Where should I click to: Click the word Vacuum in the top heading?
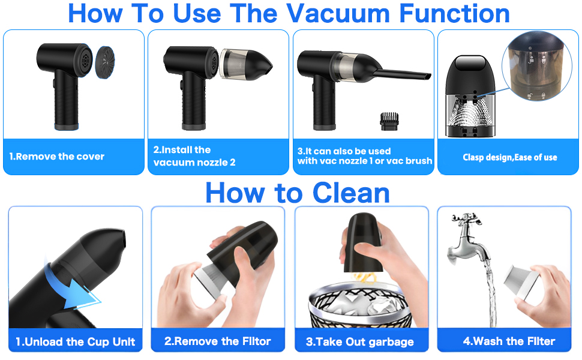point(338,14)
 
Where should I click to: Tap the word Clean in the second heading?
point(351,193)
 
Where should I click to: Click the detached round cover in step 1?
point(105,62)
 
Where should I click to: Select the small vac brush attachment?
point(389,121)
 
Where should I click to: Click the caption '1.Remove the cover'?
point(57,157)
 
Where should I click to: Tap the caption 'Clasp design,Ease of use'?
point(509,157)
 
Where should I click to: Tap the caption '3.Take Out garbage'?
point(359,342)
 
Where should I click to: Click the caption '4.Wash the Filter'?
point(509,341)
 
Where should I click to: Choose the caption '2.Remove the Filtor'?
point(218,341)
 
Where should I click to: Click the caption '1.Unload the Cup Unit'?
point(76,342)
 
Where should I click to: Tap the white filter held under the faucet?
point(520,282)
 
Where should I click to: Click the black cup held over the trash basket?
point(363,243)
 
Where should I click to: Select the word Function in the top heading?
point(454,14)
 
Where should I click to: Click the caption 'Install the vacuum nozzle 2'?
point(194,156)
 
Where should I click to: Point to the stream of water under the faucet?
point(491,293)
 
